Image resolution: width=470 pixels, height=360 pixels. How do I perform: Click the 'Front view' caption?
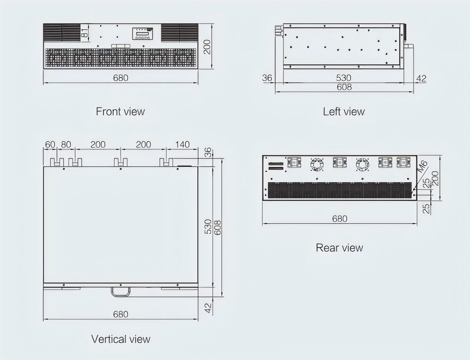[x=120, y=112]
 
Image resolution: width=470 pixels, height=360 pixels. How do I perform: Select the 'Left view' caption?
[x=343, y=112]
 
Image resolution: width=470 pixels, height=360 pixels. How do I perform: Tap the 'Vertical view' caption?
[x=121, y=339]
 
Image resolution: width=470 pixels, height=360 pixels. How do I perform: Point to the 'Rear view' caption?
[x=339, y=248]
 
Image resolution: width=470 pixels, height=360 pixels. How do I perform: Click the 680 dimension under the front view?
[x=121, y=78]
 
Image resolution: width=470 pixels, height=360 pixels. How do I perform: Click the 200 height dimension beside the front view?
[x=207, y=47]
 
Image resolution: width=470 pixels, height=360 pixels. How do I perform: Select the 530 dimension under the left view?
[x=343, y=78]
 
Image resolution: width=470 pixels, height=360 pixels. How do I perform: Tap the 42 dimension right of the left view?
[x=421, y=78]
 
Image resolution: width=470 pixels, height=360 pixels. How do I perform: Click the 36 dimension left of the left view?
[x=267, y=78]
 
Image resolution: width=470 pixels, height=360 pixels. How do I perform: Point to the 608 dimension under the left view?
[x=344, y=87]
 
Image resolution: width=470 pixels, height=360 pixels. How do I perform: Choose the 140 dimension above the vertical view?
[x=182, y=145]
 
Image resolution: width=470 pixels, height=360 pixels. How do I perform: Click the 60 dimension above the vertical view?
[x=50, y=145]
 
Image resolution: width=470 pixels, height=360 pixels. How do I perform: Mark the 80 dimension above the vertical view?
[x=66, y=145]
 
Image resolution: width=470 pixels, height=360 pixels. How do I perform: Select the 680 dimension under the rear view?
[x=339, y=219]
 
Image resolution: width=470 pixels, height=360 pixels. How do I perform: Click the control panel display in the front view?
[x=143, y=33]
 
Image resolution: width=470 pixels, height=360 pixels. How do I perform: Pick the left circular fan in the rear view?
[x=317, y=164]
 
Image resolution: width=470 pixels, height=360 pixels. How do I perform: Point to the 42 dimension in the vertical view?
[x=208, y=307]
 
